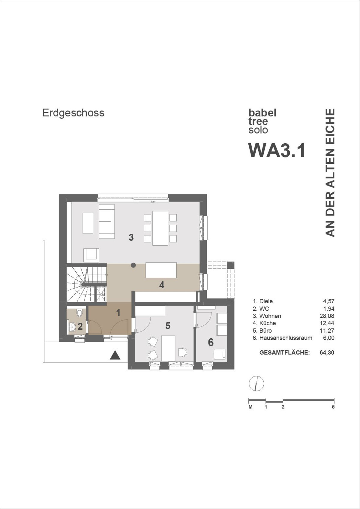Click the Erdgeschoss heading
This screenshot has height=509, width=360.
(73, 113)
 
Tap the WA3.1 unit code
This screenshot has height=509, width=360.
(277, 151)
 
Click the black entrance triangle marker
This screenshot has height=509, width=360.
(115, 355)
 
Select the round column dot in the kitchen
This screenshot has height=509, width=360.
(133, 265)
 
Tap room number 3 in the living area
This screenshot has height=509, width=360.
(131, 238)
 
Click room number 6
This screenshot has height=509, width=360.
(211, 342)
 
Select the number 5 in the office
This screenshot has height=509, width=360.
(168, 326)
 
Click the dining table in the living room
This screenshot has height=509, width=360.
(160, 228)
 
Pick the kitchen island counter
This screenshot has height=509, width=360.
(161, 270)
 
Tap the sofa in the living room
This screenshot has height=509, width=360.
(106, 221)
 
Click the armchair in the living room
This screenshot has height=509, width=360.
(91, 255)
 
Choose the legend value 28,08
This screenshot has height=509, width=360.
(327, 316)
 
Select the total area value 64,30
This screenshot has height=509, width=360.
(327, 353)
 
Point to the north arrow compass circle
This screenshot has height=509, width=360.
(256, 383)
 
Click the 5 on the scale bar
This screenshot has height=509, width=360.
(333, 407)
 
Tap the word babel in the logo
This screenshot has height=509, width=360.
(262, 113)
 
